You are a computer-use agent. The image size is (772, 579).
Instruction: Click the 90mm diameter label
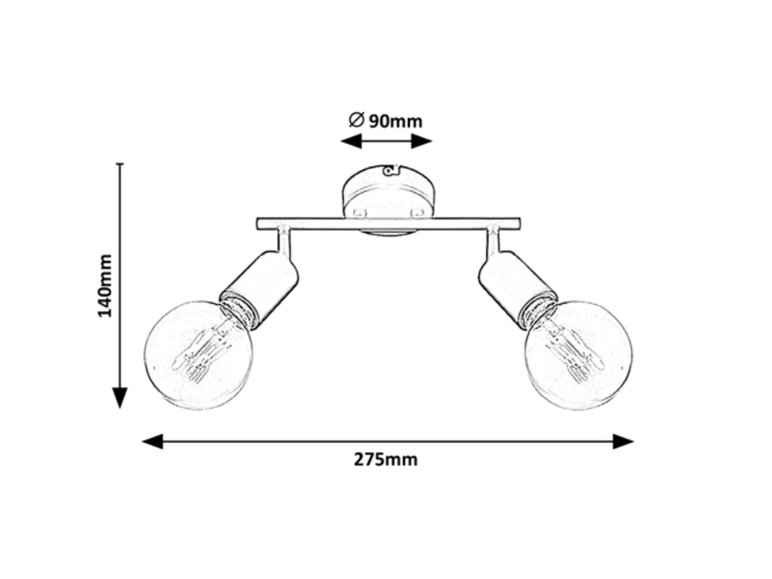(x=385, y=121)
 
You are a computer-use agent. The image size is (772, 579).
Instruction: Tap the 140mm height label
(x=105, y=285)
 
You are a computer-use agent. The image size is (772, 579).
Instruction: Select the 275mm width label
(x=386, y=460)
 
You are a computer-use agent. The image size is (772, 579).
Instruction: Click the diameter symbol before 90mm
(x=356, y=120)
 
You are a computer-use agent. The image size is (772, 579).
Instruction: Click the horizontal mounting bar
(x=388, y=224)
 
